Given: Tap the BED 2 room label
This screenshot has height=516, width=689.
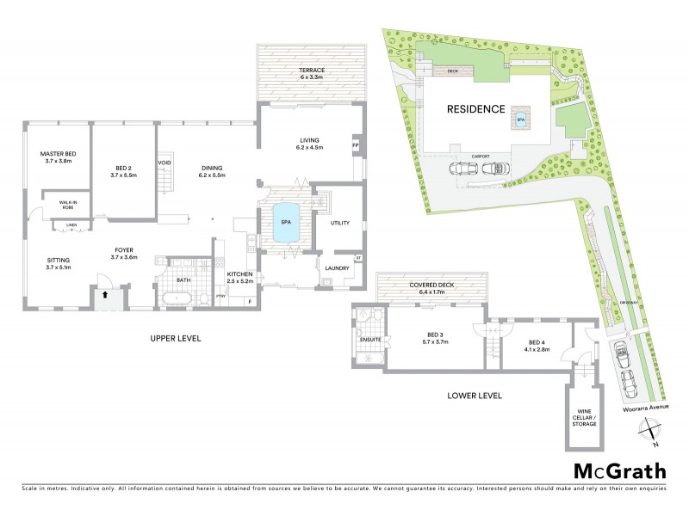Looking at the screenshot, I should point(125,171).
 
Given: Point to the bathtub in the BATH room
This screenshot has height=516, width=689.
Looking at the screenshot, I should point(178,298).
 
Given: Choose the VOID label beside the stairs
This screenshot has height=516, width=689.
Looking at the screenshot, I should point(164,163).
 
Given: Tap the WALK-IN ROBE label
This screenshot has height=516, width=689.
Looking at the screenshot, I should point(70,206).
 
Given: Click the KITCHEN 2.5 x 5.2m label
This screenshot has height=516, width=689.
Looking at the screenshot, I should point(239,278).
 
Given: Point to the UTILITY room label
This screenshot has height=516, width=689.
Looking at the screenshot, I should point(339,223).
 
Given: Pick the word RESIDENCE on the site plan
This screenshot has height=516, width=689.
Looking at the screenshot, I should point(475,109).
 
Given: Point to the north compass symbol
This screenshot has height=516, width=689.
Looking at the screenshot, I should point(653,433).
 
